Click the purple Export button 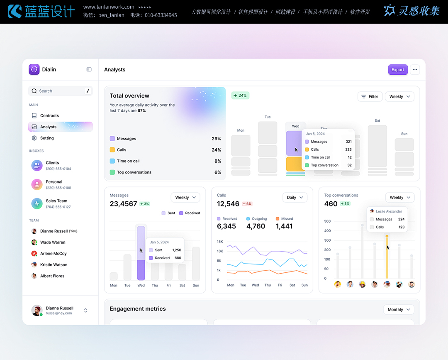[398, 70]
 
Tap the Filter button [370, 97]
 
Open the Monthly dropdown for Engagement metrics [399, 310]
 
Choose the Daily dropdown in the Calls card [295, 198]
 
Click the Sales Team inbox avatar [37, 203]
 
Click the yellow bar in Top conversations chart [387, 257]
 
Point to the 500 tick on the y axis [328, 221]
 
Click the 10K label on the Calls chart [220, 251]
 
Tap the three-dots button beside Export [415, 70]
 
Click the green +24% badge [240, 96]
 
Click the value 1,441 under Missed [284, 226]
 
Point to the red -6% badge [247, 204]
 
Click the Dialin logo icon [34, 69]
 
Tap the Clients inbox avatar [37, 165]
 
